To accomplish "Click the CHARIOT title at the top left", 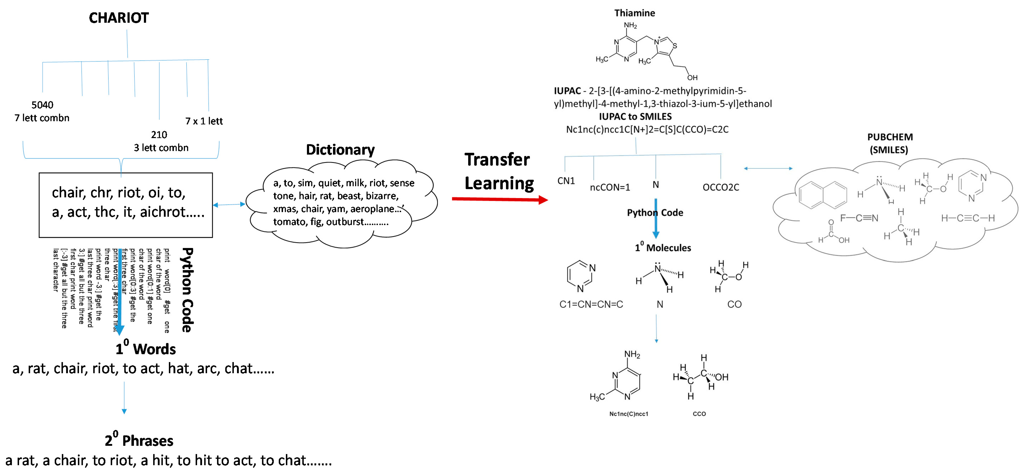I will coord(119,18).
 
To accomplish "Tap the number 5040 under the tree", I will coord(42,105).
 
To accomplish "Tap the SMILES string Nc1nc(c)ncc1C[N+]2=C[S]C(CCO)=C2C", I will coord(647,129).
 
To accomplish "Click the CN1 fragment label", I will coord(566,181).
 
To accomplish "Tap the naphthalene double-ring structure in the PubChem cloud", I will coord(822,195).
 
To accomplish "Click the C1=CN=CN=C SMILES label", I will coord(591,304).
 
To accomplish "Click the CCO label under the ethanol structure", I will coord(699,414).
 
